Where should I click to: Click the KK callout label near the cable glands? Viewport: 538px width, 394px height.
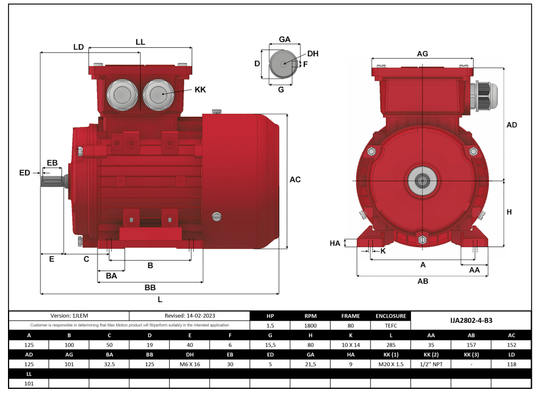point(200,90)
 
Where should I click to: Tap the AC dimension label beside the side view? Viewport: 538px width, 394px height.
point(295,179)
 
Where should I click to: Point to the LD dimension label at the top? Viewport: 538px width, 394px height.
point(79,47)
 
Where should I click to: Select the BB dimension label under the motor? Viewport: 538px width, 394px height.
point(150,288)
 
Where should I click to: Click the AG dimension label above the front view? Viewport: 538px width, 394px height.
point(422,54)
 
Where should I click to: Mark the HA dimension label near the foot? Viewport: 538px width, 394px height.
point(335,243)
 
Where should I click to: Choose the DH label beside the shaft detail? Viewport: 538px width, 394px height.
point(313,54)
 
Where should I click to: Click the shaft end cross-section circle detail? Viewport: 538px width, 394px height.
point(280,64)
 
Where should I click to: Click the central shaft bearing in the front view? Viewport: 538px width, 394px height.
point(422,181)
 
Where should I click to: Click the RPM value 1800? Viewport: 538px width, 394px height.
point(310,326)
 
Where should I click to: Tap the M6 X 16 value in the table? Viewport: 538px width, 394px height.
point(190,364)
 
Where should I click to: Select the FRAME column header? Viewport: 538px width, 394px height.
point(350,316)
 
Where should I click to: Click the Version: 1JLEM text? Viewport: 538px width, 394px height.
point(69,315)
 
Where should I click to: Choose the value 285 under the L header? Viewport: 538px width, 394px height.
point(390,345)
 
